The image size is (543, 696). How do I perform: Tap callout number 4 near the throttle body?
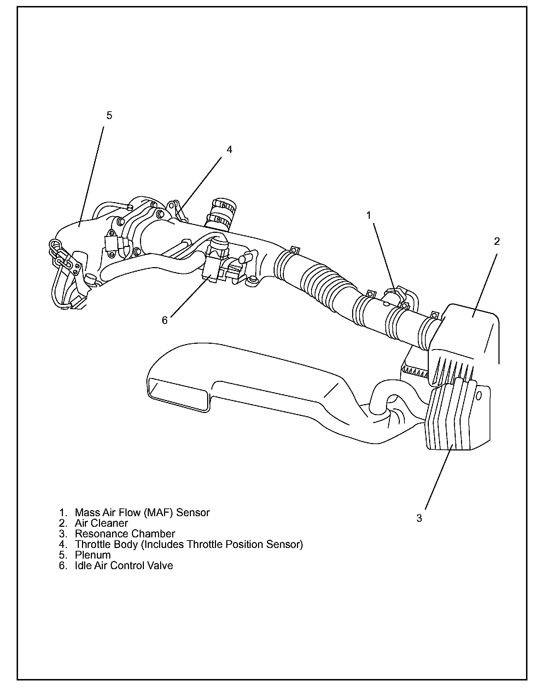(229, 149)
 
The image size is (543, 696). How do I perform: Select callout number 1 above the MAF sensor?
(369, 215)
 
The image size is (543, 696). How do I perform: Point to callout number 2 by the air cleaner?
(497, 241)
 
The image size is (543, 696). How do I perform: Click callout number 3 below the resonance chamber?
(419, 518)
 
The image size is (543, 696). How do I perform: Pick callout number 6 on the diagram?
(165, 320)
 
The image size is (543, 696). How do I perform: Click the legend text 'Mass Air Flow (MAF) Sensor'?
(142, 512)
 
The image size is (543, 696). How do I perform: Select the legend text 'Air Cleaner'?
(101, 523)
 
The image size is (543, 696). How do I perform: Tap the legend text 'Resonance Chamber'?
(125, 533)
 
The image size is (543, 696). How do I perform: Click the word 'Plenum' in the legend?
(93, 555)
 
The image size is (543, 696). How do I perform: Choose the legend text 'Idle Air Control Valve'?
(124, 565)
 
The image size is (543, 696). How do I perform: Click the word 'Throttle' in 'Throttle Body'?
(89, 544)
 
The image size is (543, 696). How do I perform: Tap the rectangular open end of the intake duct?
(177, 394)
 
